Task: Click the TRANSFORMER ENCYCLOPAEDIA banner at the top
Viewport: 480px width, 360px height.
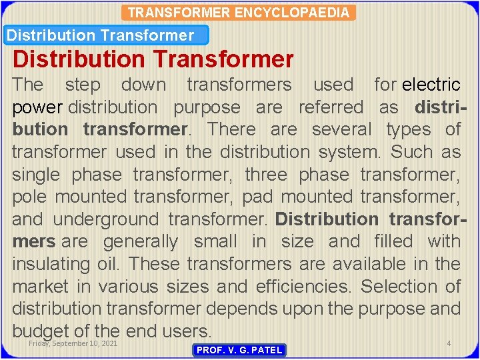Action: coord(238,13)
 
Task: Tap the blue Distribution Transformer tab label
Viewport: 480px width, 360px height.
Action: coord(101,35)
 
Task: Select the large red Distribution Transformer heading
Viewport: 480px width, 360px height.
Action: coord(153,59)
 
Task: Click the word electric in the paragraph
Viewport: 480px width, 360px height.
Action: coord(431,85)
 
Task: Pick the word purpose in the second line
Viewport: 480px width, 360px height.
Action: coord(207,107)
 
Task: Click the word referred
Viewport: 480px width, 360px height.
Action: coord(331,107)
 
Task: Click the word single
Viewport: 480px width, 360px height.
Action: coord(37,175)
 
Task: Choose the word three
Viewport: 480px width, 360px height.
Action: coord(266,175)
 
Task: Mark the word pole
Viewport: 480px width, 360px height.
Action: coord(30,197)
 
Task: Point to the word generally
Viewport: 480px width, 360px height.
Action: coord(141,241)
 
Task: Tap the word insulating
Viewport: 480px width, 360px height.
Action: coord(58,264)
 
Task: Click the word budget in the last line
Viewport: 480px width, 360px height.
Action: coord(44,331)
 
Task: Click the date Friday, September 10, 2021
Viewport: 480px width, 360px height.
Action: coord(73,343)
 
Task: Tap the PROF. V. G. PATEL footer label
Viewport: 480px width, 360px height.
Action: coord(239,350)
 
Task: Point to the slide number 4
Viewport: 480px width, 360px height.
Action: coord(449,343)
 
